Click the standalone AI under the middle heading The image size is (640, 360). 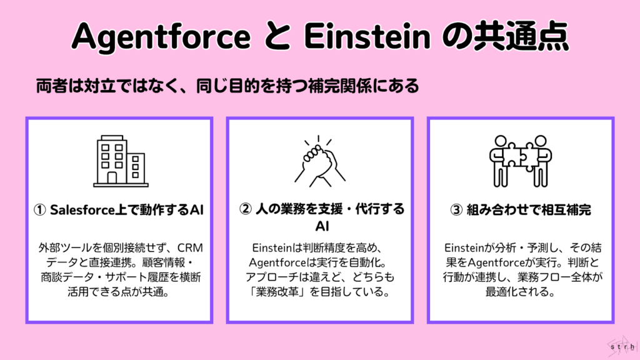point(319,224)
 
